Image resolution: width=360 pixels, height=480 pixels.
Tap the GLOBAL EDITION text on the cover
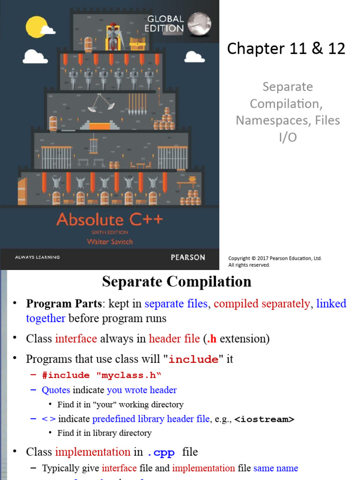click(165, 23)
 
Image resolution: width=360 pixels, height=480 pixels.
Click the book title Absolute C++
click(110, 219)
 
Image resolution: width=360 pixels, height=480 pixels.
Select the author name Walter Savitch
click(110, 241)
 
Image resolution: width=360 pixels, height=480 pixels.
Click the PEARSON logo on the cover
click(187, 257)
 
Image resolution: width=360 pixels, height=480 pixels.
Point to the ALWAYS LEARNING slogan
click(37, 257)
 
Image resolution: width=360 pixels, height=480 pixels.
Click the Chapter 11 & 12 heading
click(286, 48)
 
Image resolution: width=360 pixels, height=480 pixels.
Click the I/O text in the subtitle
click(287, 137)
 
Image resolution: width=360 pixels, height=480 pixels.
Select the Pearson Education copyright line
click(275, 258)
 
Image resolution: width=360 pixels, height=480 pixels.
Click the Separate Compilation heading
click(177, 281)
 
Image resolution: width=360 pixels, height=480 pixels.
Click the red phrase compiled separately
click(262, 304)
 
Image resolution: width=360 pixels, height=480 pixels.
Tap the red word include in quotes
click(193, 360)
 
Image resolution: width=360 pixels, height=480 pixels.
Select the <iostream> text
click(264, 419)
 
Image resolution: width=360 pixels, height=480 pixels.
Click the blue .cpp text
click(161, 452)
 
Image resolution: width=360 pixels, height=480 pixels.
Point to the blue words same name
click(276, 468)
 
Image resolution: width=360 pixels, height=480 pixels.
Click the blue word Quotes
click(56, 390)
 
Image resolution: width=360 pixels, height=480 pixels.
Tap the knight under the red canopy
click(112, 37)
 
